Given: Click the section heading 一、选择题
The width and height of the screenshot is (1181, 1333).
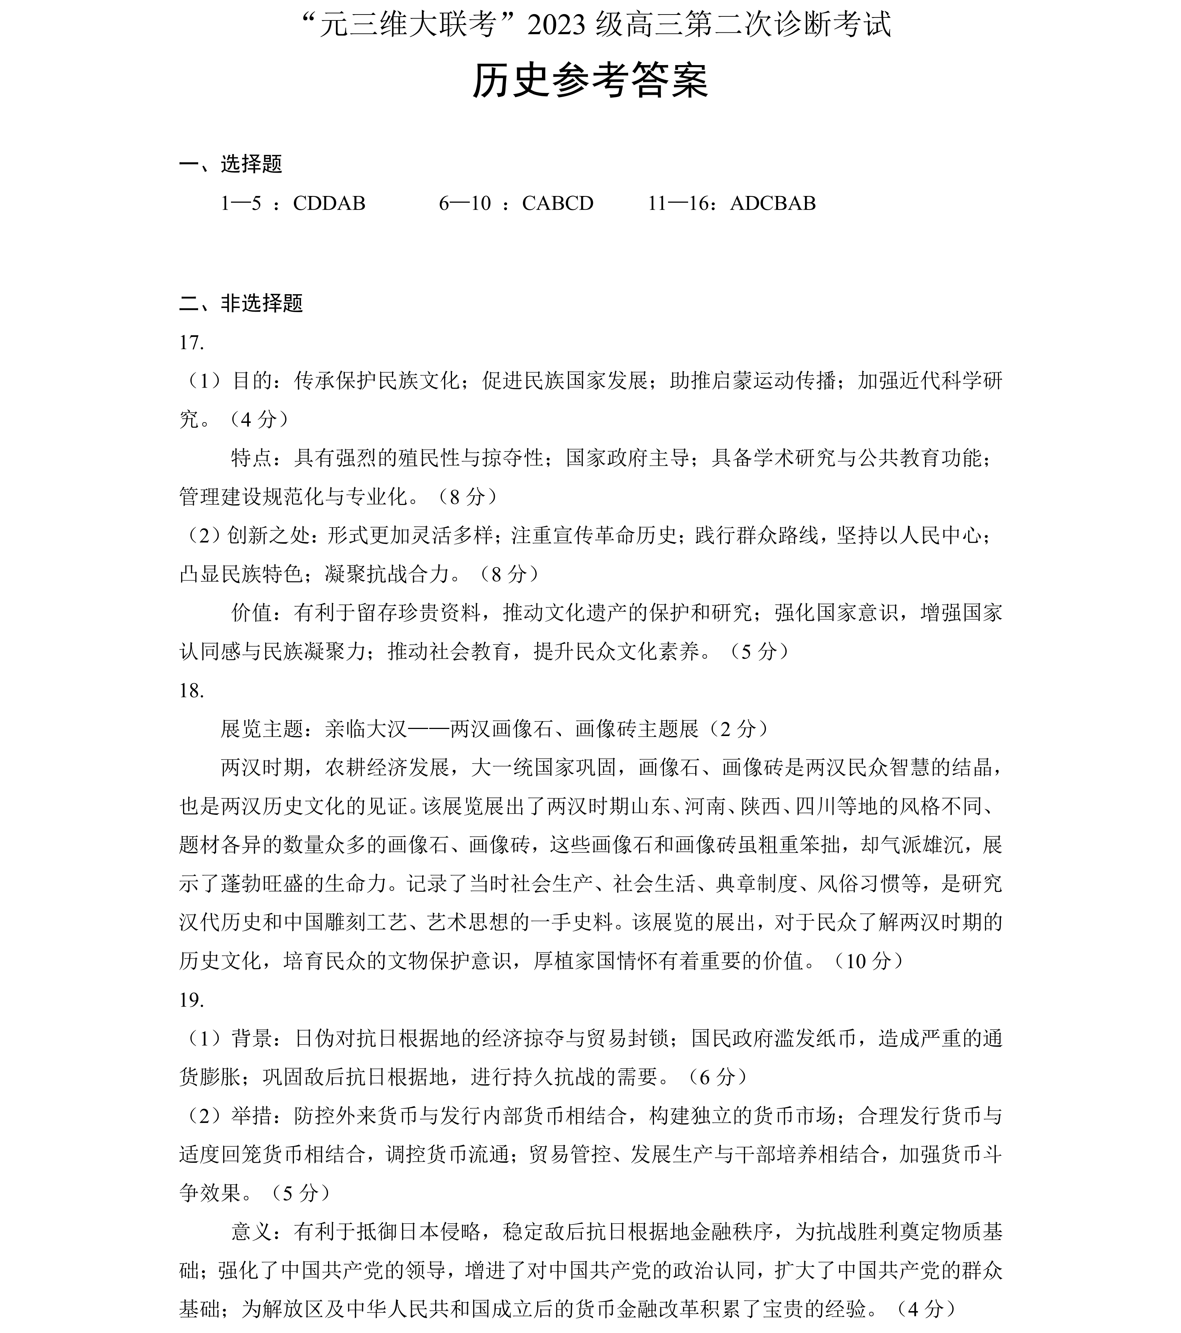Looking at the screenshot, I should pos(231,164).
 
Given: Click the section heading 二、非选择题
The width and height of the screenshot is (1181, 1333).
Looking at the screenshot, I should pos(241,303).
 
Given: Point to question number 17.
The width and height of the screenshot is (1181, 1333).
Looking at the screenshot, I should pos(192,343).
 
